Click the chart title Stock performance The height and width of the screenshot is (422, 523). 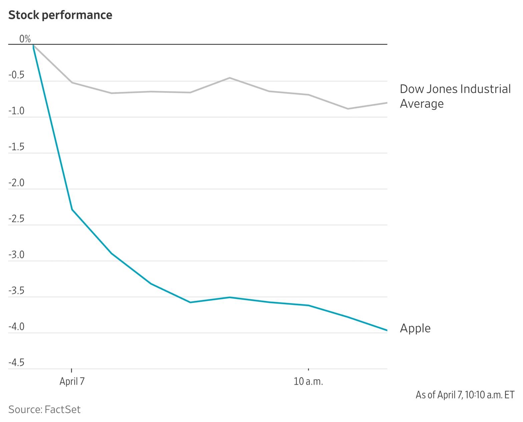pos(60,15)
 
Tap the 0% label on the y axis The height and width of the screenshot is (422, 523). pos(25,39)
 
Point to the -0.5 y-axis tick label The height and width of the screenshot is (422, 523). pos(16,75)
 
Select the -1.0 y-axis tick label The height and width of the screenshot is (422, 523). pos(16,111)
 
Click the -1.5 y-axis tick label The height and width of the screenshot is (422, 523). pos(16,147)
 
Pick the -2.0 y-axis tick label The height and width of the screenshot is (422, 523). pos(16,183)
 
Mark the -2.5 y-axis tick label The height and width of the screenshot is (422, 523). pos(16,219)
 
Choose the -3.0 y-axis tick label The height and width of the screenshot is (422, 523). pos(16,255)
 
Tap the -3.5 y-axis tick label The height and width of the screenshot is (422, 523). pos(16,291)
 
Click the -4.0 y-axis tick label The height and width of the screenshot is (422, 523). pos(16,327)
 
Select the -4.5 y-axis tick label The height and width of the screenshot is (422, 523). pos(16,363)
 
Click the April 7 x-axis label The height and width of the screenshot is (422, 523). pos(72,381)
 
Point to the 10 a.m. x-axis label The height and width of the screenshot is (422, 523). pos(308,381)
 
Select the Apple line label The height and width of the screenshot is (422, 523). pos(415,328)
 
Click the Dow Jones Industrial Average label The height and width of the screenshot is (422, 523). pos(455,96)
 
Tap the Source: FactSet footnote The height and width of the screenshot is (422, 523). pos(44,409)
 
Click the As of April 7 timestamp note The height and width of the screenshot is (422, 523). pos(465,395)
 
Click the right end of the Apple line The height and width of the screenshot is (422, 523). pos(387,330)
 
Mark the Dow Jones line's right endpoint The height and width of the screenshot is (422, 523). pos(387,103)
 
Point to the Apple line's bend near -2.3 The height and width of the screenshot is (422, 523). pos(72,209)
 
